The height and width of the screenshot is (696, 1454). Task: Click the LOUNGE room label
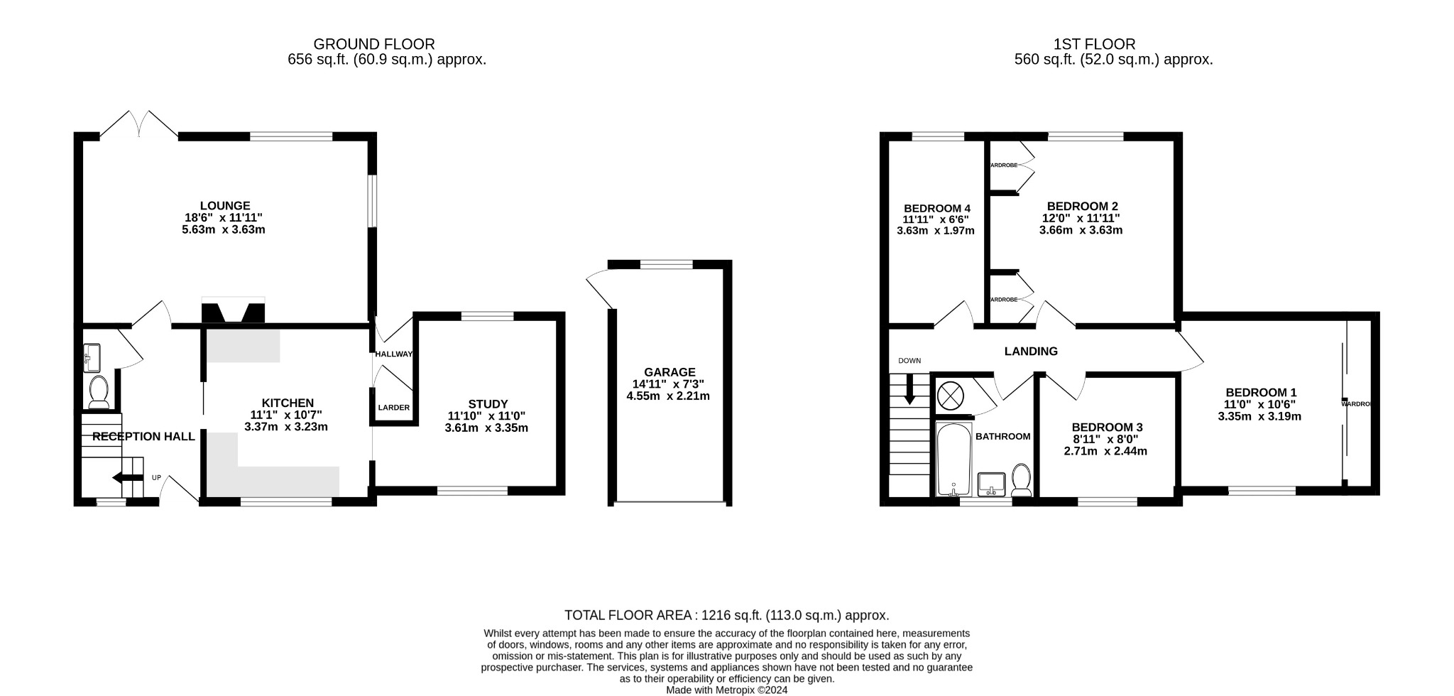[x=224, y=206]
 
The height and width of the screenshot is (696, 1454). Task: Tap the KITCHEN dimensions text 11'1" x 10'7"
[x=285, y=415]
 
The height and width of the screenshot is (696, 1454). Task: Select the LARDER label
[x=393, y=408]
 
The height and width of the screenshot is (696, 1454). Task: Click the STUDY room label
[x=488, y=404]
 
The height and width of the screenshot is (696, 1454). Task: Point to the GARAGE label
[x=669, y=372]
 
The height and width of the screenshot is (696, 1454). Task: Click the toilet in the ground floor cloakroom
[x=98, y=391]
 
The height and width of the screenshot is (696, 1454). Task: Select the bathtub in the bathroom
[x=953, y=458]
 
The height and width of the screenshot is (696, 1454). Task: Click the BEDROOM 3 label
[x=1106, y=427]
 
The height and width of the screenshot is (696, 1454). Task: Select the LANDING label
[x=1030, y=351]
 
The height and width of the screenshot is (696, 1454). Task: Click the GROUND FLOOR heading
[x=373, y=44]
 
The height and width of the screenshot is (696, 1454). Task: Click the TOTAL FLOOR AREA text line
[x=726, y=615]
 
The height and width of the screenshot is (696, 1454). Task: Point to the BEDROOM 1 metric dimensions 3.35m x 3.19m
[x=1259, y=416]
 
